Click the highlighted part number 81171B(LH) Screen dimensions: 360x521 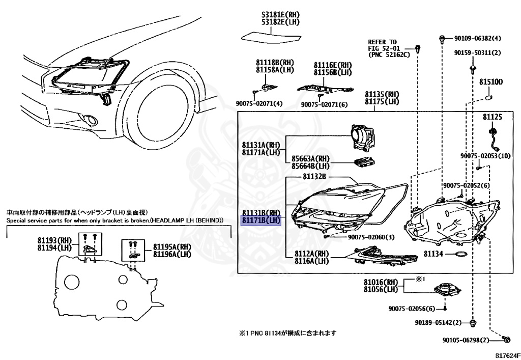click(x=261, y=220)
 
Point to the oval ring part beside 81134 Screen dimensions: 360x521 click(x=460, y=254)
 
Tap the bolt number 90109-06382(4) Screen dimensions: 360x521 click(x=478, y=38)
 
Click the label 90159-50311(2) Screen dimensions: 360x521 click(x=478, y=52)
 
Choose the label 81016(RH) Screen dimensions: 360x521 click(x=380, y=282)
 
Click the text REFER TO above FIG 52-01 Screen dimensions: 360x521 click(x=383, y=41)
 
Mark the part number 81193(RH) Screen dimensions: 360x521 click(x=55, y=240)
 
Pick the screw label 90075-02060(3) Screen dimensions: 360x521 click(x=371, y=237)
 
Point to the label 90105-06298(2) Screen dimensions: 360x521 click(x=466, y=340)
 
